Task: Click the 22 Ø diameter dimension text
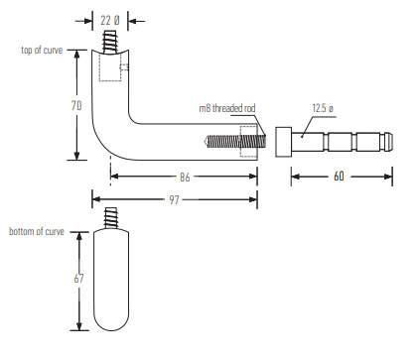pyautogui.click(x=110, y=21)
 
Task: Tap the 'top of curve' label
pyautogui.click(x=42, y=50)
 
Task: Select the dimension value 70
pyautogui.click(x=76, y=105)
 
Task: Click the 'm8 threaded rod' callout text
pyautogui.click(x=227, y=108)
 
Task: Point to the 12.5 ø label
pyautogui.click(x=323, y=108)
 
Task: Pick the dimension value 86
pyautogui.click(x=185, y=178)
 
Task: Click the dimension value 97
pyautogui.click(x=174, y=199)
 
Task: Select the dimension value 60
pyautogui.click(x=339, y=177)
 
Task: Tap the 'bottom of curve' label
pyautogui.click(x=37, y=231)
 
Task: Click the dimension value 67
pyautogui.click(x=78, y=279)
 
